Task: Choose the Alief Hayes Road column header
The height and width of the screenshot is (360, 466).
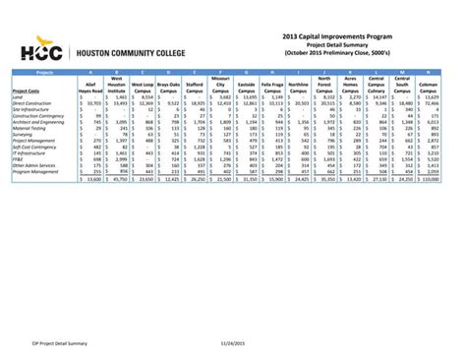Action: pos(91,87)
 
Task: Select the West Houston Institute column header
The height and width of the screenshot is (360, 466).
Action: pos(118,85)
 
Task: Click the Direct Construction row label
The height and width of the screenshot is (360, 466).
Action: pos(32,103)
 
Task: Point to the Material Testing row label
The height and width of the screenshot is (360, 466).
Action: pos(29,127)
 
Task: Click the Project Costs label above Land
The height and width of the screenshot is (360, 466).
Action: pos(27,90)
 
